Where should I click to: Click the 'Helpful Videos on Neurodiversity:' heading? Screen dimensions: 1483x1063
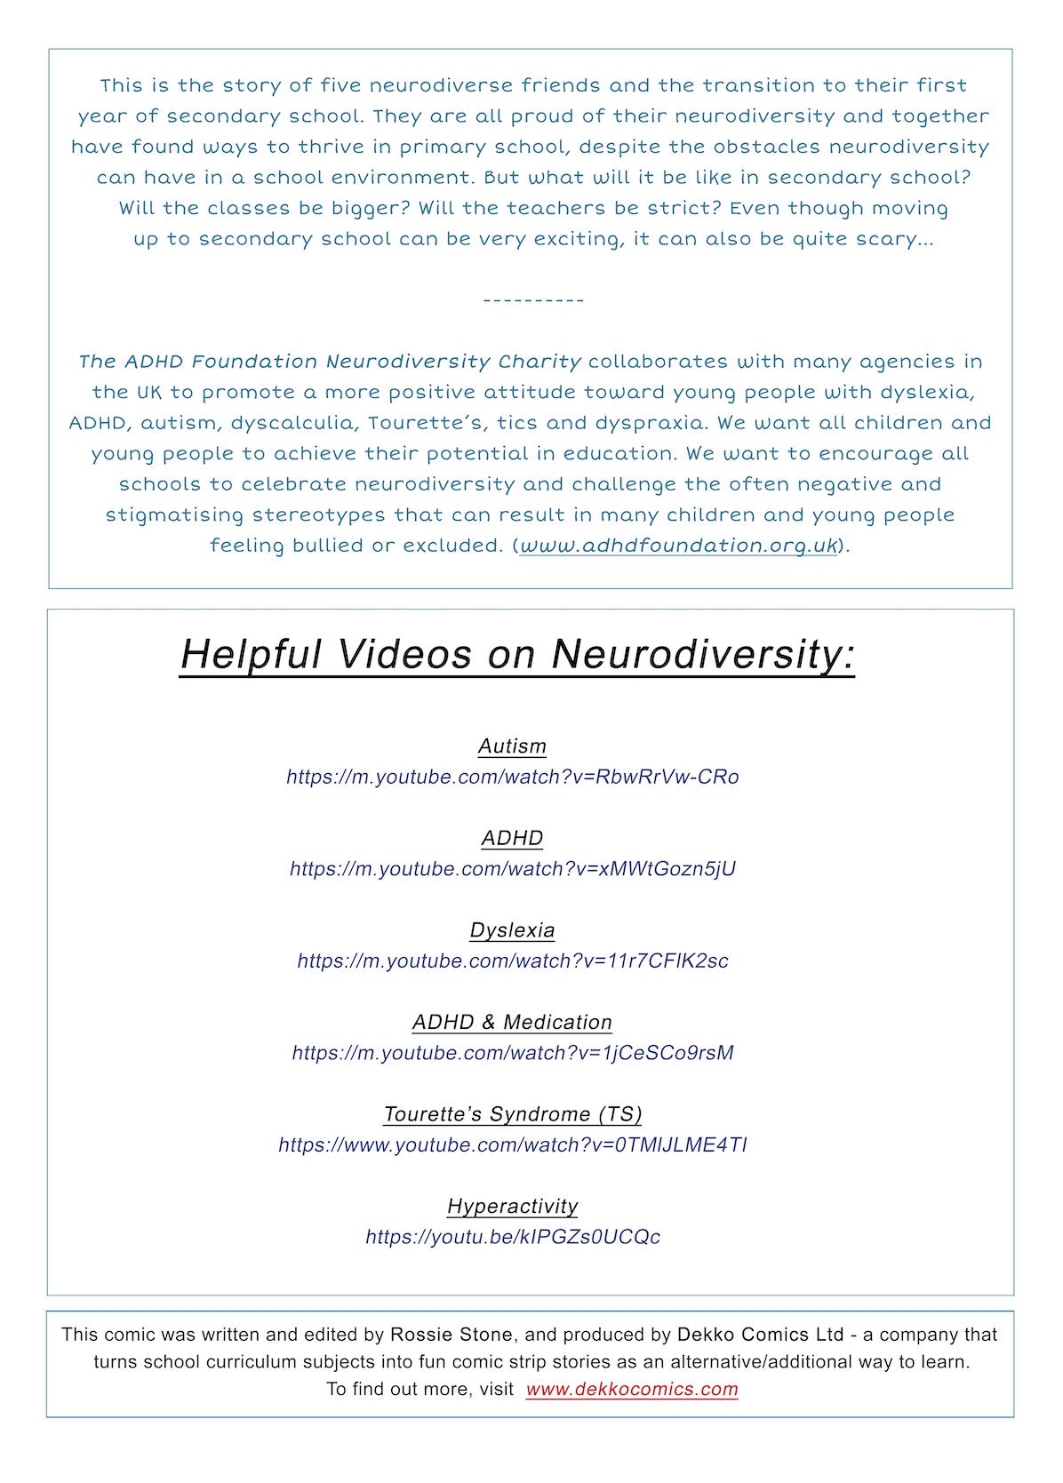click(x=516, y=655)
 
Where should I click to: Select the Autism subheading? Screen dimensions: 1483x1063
click(x=512, y=746)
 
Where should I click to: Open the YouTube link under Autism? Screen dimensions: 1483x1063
click(x=512, y=777)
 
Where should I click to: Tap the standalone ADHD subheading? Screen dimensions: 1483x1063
click(x=512, y=838)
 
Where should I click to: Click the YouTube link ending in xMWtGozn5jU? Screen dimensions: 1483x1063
click(x=512, y=868)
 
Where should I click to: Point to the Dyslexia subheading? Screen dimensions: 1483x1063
click(x=512, y=930)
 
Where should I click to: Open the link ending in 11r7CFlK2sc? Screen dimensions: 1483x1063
click(x=512, y=961)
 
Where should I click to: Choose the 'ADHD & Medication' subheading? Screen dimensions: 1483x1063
click(x=512, y=1022)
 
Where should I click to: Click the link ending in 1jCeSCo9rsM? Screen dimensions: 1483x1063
click(x=512, y=1053)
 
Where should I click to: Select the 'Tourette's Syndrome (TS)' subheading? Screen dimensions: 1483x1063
click(x=512, y=1114)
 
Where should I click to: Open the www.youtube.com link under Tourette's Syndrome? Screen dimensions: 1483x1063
click(x=512, y=1144)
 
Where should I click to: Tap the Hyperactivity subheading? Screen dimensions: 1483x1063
click(x=512, y=1206)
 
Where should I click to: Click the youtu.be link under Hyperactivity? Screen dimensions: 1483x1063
click(x=512, y=1237)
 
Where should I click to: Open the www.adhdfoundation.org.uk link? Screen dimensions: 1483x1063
click(x=678, y=546)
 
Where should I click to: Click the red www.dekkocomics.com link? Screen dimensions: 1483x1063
click(x=631, y=1389)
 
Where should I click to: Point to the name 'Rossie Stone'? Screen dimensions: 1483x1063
click(x=451, y=1335)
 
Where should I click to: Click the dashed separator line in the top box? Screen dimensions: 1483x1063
click(x=533, y=300)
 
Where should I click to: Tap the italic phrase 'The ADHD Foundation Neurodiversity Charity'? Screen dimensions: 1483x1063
click(x=330, y=362)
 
